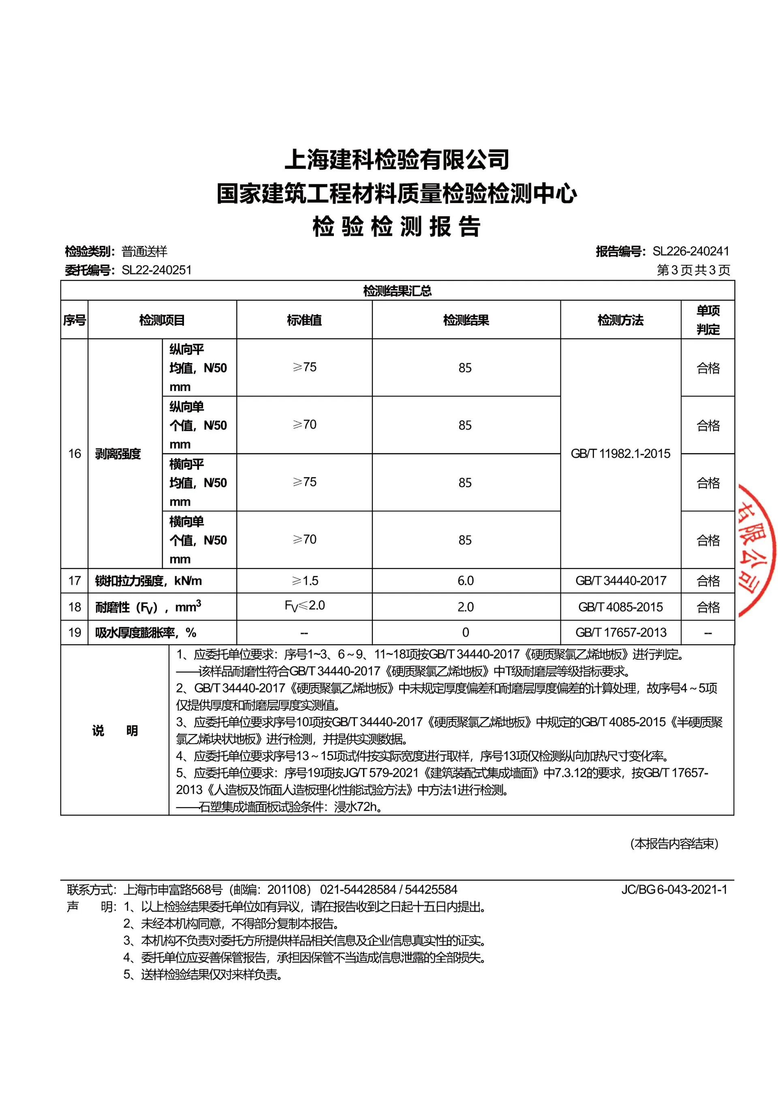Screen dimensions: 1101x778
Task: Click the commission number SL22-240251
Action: [x=156, y=270]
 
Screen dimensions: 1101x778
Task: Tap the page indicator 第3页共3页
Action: [x=693, y=270]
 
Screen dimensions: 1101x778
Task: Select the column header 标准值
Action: [x=304, y=320]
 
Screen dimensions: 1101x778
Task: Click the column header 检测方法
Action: [x=620, y=320]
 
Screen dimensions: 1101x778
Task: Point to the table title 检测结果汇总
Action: [x=397, y=291]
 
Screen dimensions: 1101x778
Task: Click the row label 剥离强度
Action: [x=118, y=453]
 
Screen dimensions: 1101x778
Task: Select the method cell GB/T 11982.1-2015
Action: [x=620, y=453]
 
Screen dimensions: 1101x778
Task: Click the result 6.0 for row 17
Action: [x=465, y=581]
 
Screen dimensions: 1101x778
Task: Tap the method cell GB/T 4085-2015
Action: [x=620, y=607]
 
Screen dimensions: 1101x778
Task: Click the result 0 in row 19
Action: [x=465, y=633]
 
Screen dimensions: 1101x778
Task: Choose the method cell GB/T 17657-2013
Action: [x=621, y=633]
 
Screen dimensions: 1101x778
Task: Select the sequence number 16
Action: [x=74, y=453]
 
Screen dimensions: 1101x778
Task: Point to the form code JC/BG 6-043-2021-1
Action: [x=674, y=889]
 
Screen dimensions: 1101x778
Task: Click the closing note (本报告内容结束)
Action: [x=674, y=844]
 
